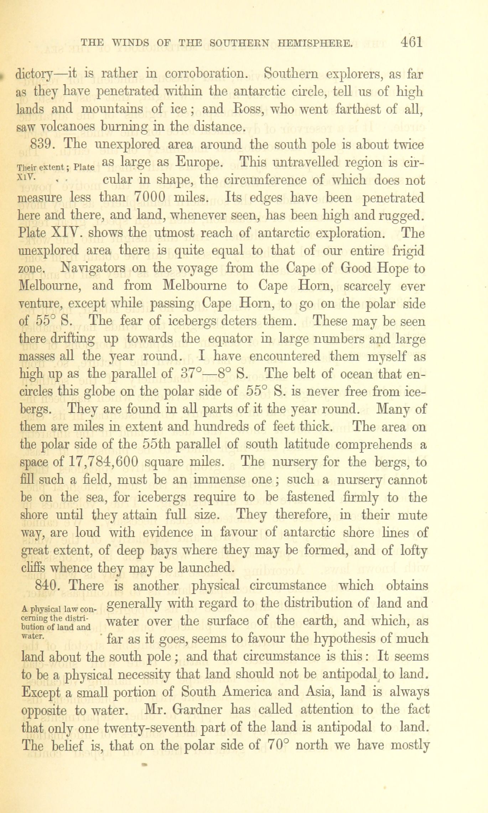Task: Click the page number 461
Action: pos(411,43)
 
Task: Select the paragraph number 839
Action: pos(42,145)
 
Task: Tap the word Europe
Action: pos(200,163)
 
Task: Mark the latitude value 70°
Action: pos(279,745)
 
